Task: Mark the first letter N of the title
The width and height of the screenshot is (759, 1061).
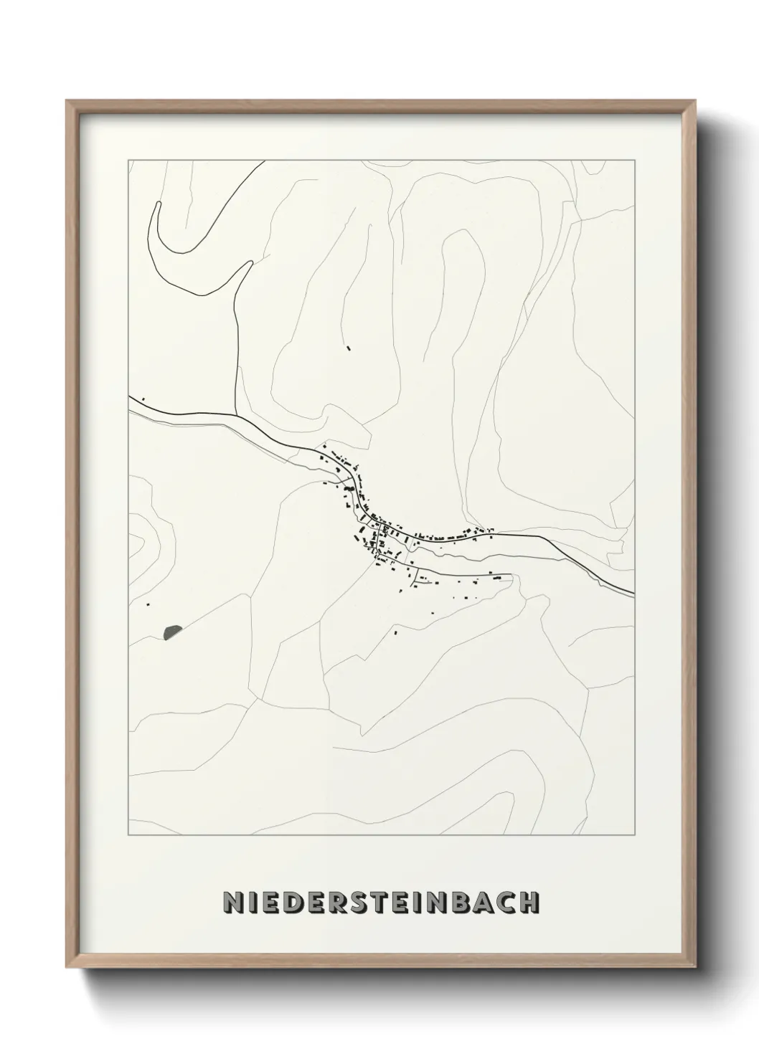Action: [x=232, y=903]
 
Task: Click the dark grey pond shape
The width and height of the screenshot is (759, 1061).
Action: [x=172, y=632]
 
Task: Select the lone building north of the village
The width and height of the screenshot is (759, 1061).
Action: [x=349, y=349]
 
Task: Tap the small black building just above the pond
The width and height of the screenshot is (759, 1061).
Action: [x=149, y=604]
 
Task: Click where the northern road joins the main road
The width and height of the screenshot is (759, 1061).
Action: [x=237, y=414]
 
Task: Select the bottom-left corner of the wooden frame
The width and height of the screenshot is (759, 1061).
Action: [x=67, y=969]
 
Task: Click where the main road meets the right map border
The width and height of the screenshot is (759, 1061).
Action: [x=634, y=594]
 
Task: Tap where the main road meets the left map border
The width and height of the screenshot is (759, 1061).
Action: [x=129, y=396]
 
